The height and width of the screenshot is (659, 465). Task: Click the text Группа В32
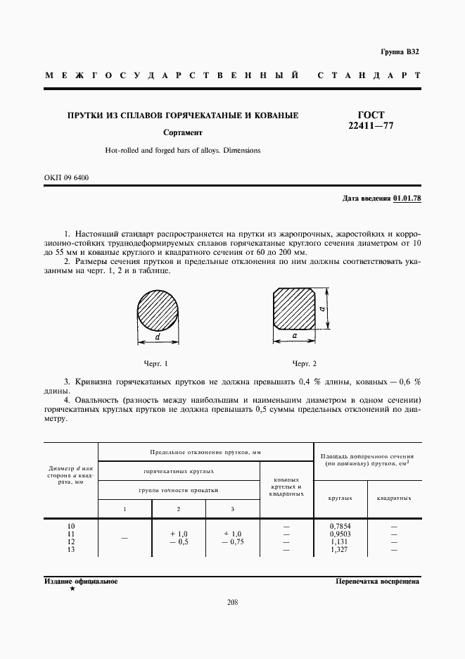[399, 52]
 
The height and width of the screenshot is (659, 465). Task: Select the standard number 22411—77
[371, 126]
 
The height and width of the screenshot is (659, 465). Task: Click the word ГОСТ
[371, 115]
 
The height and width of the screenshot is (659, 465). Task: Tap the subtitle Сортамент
[182, 132]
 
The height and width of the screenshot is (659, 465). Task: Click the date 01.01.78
[407, 199]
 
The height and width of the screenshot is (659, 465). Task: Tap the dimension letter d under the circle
[158, 337]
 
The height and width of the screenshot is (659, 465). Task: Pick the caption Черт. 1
[156, 363]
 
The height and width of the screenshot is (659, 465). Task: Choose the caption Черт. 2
[304, 363]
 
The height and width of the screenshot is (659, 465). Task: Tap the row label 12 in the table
[70, 542]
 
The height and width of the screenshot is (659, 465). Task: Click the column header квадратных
[394, 498]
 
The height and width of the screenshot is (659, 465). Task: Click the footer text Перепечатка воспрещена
[378, 582]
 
